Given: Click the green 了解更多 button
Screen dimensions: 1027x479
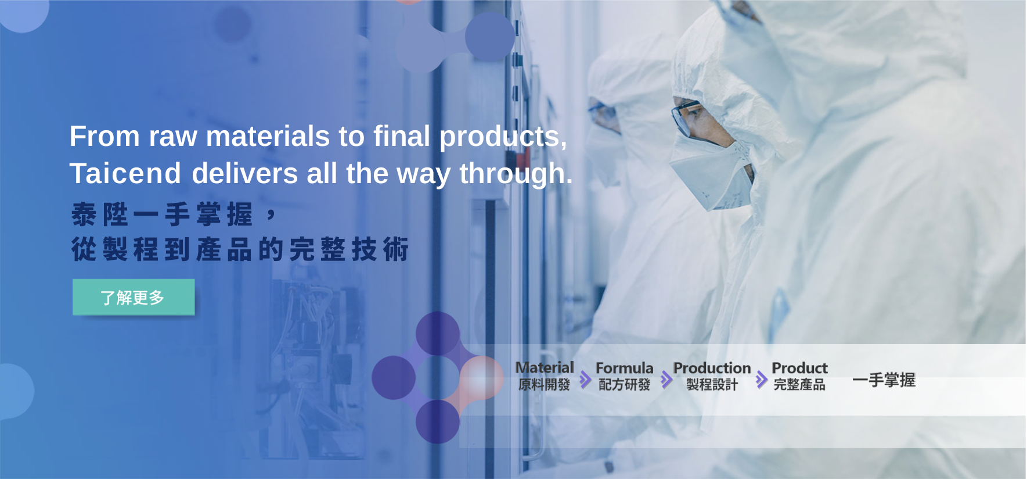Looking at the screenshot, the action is coord(134,297).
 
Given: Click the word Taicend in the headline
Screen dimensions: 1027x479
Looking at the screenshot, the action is coord(125,173).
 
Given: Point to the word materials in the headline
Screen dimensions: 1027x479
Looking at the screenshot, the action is coord(268,136).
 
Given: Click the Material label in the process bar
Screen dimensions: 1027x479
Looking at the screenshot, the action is coord(545,367).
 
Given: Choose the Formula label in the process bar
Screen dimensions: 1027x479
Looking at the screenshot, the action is coord(625,368).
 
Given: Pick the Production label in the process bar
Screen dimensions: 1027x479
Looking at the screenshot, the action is coord(712,368).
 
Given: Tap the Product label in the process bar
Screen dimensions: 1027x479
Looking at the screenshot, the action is coord(800,368).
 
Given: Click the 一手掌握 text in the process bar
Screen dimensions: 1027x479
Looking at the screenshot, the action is coord(884,380).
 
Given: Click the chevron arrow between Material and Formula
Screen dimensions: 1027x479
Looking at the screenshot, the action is coord(585,380).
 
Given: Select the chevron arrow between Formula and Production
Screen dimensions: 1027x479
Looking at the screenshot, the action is coord(666,380).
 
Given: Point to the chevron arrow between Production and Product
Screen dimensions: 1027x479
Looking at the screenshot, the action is coord(761,380).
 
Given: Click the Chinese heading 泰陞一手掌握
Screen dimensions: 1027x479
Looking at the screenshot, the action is coord(174,215).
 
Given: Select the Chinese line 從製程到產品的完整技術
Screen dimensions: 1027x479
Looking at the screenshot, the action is coord(240,249).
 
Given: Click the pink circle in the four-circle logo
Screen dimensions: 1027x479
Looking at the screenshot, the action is coord(481,378).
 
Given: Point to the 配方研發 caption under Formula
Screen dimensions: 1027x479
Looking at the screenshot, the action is coord(625,385).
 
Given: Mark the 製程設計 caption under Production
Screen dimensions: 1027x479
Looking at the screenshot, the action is coord(712,385).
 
